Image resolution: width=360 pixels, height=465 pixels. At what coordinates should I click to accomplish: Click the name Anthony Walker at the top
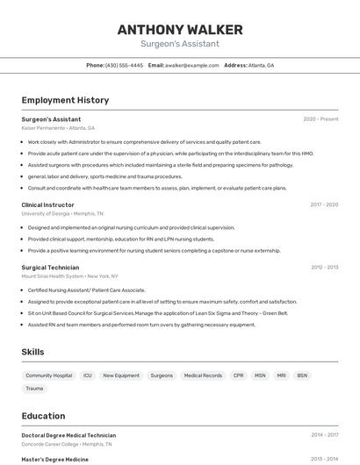coord(180,29)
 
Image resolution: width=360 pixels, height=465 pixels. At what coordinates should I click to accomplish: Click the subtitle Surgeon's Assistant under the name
coord(180,44)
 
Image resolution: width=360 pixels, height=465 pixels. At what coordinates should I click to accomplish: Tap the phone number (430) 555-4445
coord(124,65)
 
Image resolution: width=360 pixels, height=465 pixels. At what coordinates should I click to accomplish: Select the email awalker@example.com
coord(192,65)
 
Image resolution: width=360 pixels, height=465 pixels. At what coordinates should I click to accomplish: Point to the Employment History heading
coord(65,100)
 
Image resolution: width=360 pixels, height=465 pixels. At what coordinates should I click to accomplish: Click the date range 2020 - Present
coord(320,118)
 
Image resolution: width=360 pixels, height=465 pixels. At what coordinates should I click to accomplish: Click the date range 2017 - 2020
coord(324,204)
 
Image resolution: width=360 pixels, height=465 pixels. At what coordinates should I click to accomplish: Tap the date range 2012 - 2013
coord(324,267)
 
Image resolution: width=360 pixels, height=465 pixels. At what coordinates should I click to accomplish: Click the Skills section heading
coord(33,352)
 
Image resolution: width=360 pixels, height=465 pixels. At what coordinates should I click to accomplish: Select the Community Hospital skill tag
coord(49,376)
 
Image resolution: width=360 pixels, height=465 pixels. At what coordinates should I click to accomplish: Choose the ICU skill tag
coord(88,376)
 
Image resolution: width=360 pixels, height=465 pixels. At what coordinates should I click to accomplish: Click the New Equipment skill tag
coord(121,376)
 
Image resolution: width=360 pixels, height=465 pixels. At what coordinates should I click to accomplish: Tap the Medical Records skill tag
coord(203,376)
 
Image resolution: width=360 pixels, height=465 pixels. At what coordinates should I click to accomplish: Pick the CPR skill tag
coord(239,376)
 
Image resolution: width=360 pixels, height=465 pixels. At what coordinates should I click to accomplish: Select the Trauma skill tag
coord(34,388)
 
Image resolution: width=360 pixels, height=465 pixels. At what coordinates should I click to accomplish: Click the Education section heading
coord(44,417)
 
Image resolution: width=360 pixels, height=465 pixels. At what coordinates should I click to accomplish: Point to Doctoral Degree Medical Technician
coord(68,435)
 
